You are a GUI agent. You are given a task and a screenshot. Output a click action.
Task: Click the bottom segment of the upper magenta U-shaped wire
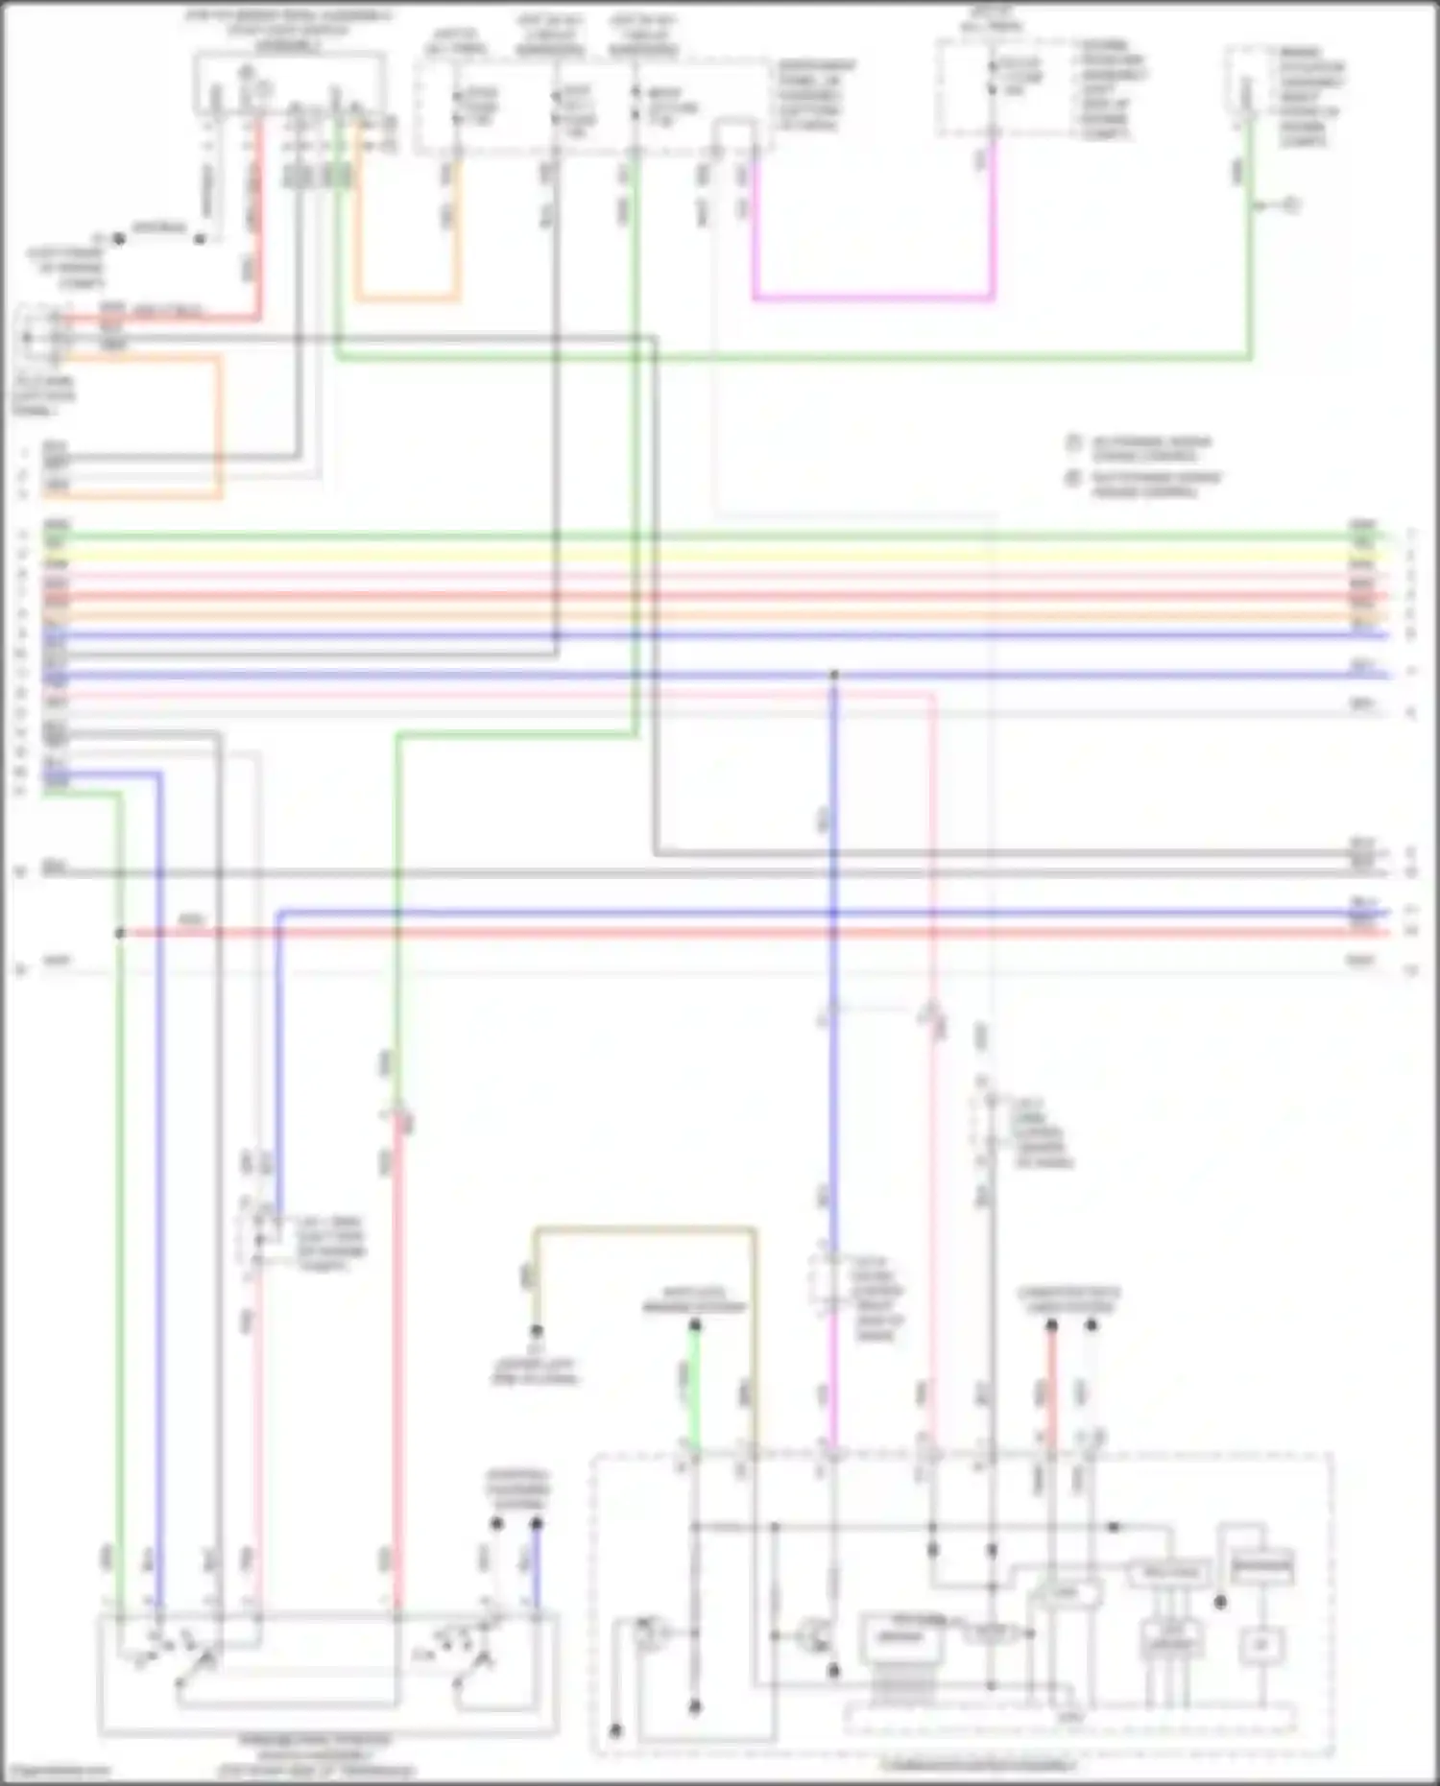[x=874, y=298]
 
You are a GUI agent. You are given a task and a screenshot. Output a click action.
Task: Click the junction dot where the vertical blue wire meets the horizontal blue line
[x=833, y=676]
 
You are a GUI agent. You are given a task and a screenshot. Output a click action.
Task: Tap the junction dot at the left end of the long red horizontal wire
[x=120, y=933]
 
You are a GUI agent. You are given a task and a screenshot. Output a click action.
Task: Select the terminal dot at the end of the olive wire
[x=537, y=1331]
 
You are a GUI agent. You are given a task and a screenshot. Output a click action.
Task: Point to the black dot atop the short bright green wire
[x=695, y=1325]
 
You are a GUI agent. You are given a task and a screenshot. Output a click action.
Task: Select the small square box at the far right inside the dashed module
[x=1256, y=1647]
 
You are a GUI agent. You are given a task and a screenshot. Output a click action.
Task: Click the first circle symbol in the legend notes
[x=1074, y=443]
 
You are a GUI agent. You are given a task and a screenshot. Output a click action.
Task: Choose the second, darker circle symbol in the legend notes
[x=1074, y=479]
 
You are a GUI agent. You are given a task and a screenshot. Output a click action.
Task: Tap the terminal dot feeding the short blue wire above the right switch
[x=537, y=1523]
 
